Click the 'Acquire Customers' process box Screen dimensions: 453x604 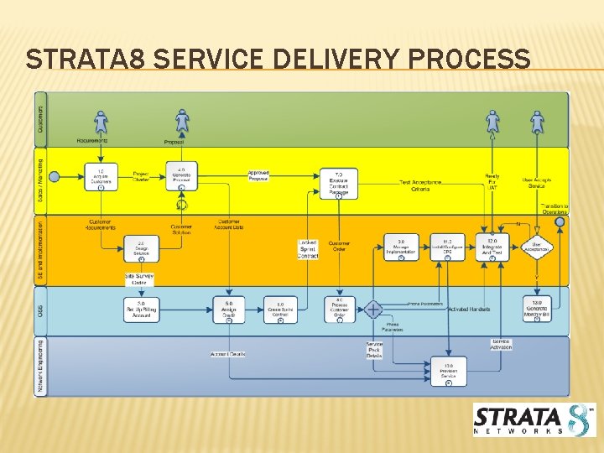pos(101,177)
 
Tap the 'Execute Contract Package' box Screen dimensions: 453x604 pos(339,184)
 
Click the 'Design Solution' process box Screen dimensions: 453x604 pos(141,249)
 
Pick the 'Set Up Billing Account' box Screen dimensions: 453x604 pos(141,310)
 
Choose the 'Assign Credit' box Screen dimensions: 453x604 pos(229,310)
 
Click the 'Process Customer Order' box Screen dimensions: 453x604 pos(340,310)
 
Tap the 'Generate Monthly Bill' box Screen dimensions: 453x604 pos(537,310)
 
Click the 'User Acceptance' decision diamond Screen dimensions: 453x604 pos(537,247)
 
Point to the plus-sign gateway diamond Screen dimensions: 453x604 pos(373,310)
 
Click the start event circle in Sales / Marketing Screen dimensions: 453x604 pos(55,176)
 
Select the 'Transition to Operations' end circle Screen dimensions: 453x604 pos(561,223)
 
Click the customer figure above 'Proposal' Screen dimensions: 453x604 pos(182,123)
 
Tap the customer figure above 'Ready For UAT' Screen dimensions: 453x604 pos(492,123)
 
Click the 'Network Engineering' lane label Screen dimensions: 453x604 pos(41,366)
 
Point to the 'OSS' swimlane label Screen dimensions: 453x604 pos(41,311)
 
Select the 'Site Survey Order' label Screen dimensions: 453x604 pos(139,279)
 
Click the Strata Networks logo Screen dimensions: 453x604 pos(534,419)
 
